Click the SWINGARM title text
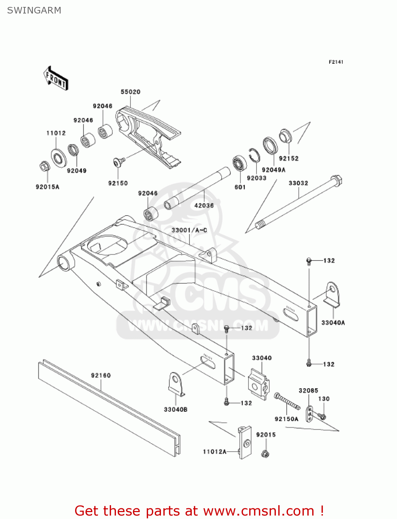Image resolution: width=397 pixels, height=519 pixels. coord(34,10)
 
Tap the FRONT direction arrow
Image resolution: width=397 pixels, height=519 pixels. coord(56,79)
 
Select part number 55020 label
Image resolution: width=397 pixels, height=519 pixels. coord(130,92)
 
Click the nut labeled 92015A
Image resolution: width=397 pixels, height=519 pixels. coord(44,167)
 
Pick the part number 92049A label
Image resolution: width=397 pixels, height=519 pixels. coord(273,170)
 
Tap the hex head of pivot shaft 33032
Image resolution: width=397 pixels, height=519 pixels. coord(336,181)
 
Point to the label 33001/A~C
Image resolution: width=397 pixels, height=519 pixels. coord(189,230)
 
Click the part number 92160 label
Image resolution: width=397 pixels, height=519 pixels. coord(101,375)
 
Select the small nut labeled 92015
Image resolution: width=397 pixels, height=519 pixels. coord(265,453)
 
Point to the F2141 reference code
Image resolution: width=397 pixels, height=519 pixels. coord(336,62)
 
